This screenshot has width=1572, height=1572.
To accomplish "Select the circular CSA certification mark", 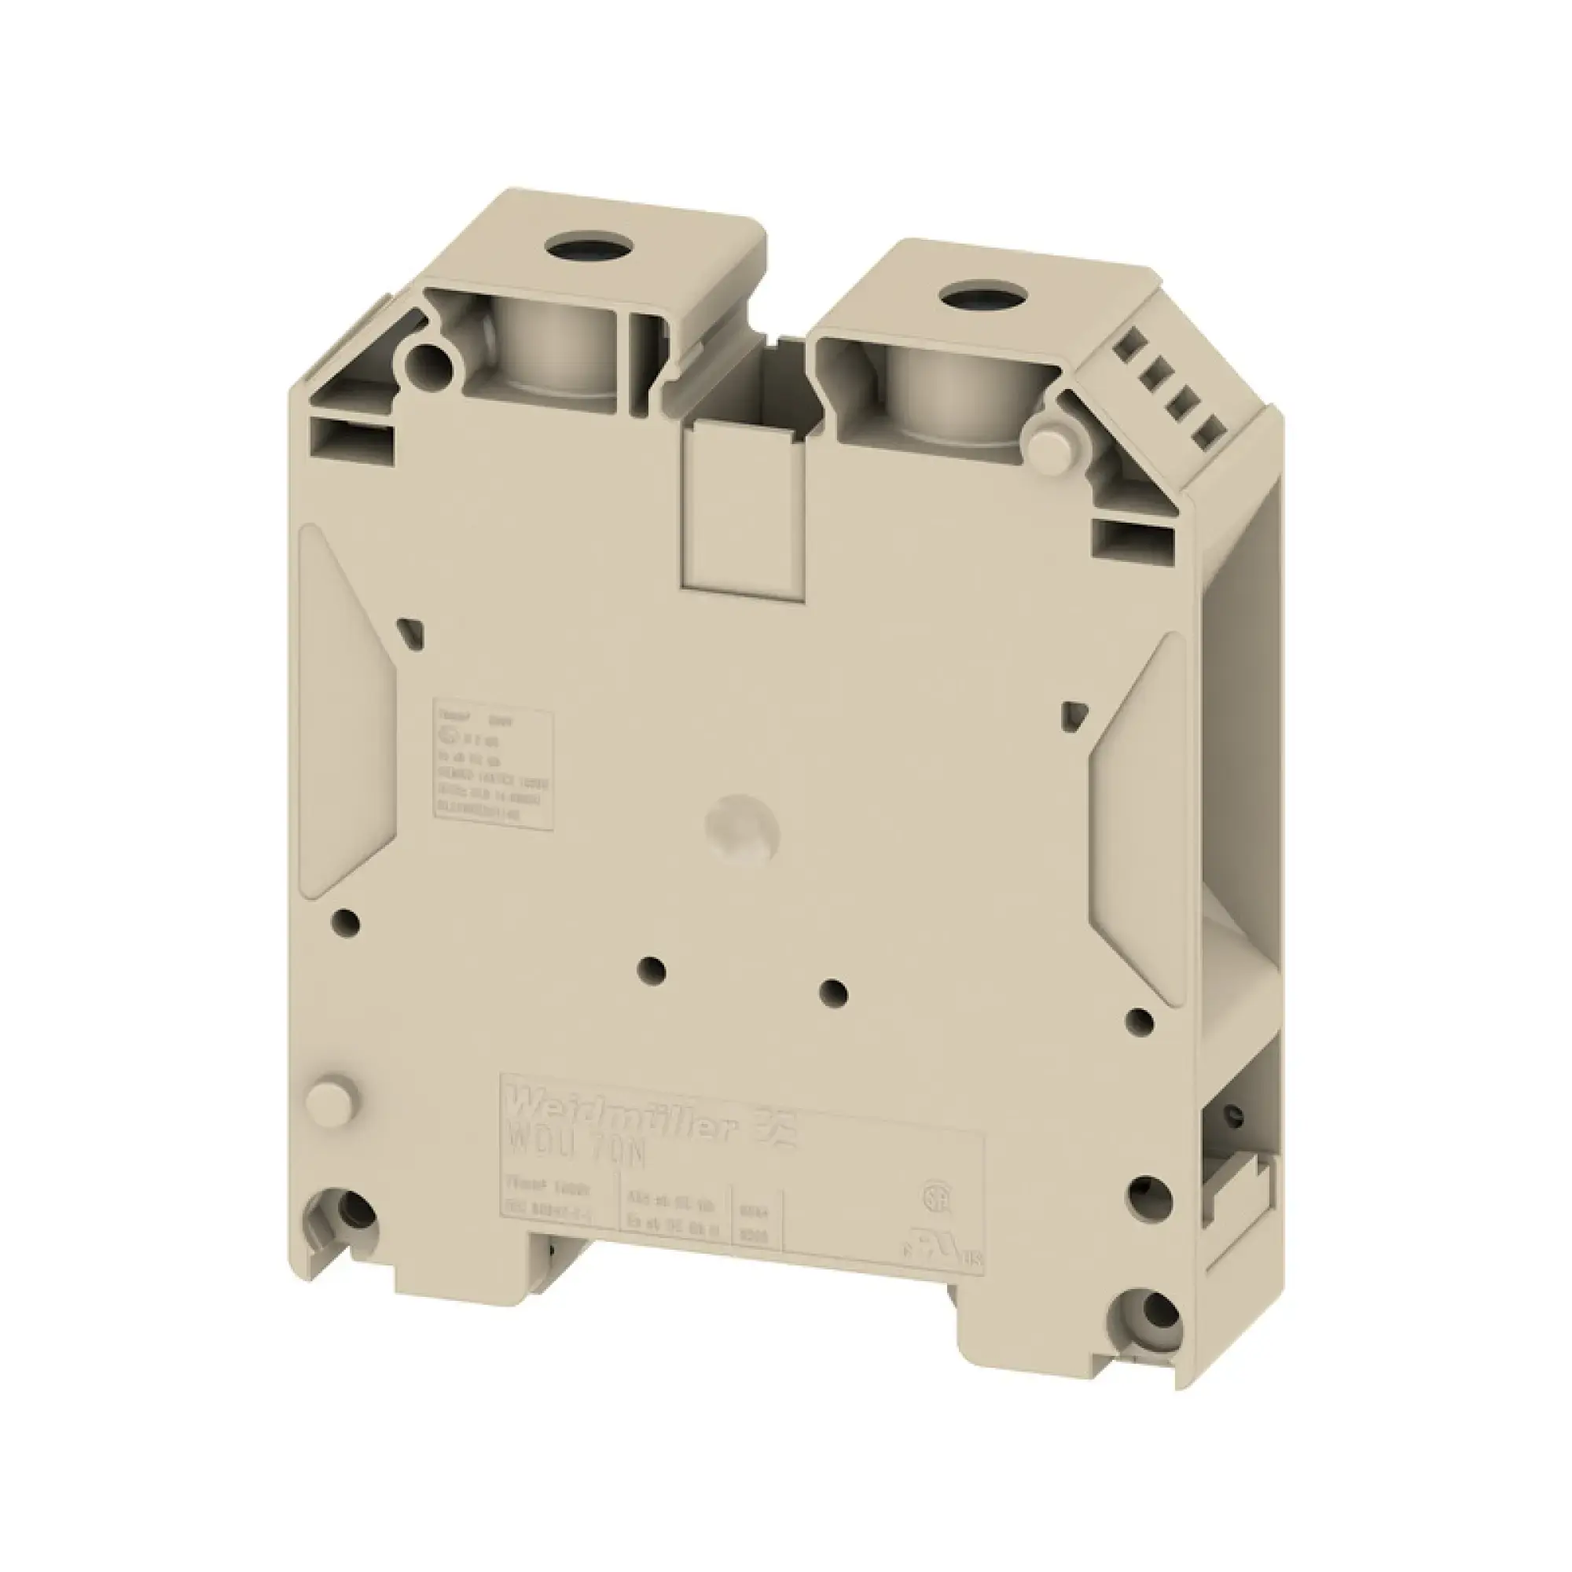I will coord(932,1196).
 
